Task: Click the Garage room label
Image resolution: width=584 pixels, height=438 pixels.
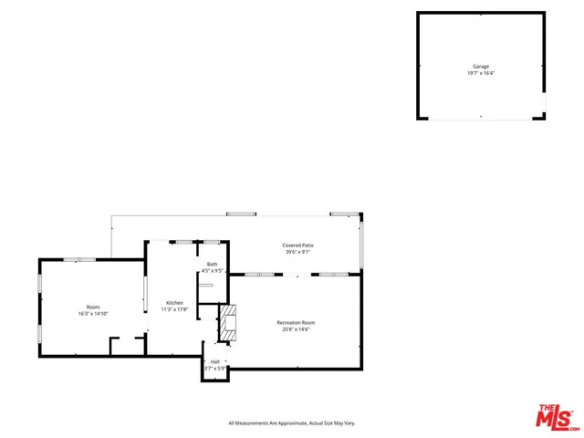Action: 480,67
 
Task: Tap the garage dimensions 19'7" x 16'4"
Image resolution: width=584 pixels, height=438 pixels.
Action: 480,73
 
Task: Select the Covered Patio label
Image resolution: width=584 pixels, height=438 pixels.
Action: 297,245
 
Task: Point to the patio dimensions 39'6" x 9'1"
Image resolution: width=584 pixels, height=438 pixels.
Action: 297,252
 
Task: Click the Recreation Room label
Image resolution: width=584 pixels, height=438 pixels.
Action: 297,322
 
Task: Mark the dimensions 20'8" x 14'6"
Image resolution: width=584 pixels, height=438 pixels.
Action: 297,328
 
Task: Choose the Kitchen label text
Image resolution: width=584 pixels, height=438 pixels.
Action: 174,303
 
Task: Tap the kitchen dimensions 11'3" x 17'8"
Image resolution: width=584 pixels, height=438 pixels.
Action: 174,309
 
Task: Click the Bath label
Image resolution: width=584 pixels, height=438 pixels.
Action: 212,264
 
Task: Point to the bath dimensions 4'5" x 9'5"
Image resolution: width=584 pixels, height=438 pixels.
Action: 212,270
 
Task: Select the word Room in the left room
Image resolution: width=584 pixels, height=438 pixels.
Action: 93,307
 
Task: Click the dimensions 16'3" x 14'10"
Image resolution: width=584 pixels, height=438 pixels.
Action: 93,313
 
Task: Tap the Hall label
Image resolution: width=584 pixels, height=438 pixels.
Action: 215,361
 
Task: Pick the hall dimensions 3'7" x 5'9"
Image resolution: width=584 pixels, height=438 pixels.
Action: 215,368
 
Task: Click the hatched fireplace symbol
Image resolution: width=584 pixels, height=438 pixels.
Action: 228,324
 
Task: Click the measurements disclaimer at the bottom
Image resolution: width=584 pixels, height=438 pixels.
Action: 291,423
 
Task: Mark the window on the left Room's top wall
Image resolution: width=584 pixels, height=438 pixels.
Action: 87,260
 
